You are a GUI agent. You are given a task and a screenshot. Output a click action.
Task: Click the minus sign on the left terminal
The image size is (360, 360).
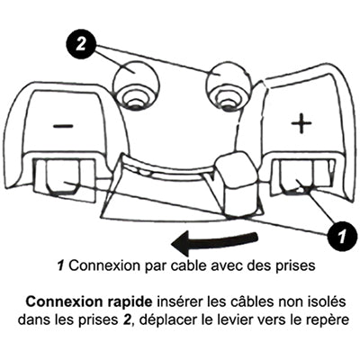(63, 125)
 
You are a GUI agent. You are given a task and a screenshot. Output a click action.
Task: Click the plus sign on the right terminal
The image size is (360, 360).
(300, 124)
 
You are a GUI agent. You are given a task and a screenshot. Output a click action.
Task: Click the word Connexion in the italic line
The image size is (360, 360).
(94, 267)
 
